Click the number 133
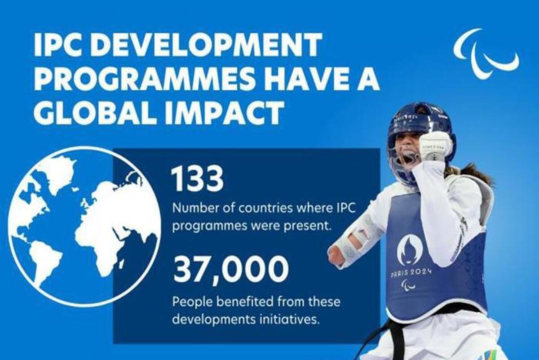(198, 180)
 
